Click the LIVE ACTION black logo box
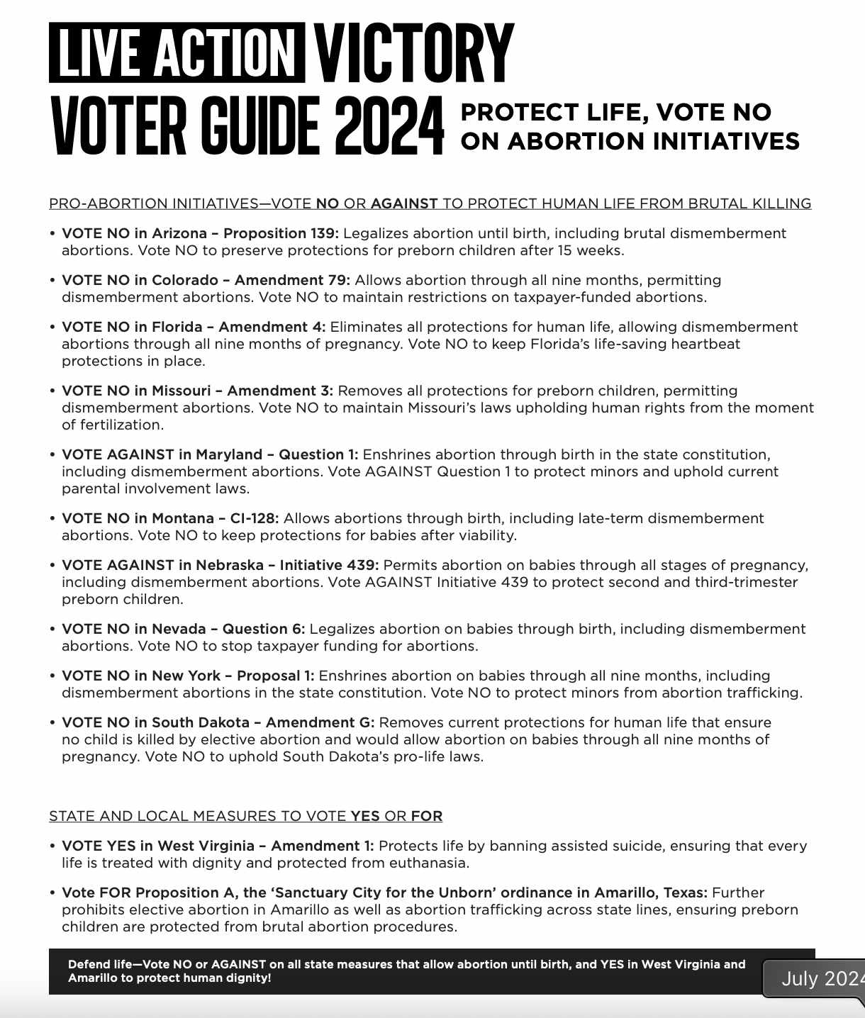[x=177, y=52]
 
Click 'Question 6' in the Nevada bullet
[x=263, y=629]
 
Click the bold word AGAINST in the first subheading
[x=403, y=204]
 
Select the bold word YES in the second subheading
[x=365, y=817]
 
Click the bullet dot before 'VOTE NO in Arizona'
[x=52, y=234]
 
